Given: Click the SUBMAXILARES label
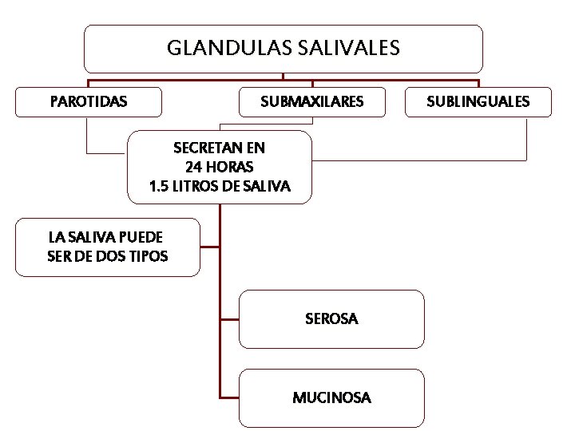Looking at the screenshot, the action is pos(312,102).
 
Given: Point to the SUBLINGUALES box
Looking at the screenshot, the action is pos(478,102).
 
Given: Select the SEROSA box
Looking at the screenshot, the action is pos(331,319).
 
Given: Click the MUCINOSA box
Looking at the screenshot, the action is pos(331,397).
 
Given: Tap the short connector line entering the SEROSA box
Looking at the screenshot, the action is pos(229,319).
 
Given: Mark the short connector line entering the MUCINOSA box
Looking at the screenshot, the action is pos(229,397).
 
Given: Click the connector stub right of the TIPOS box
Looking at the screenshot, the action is pos(209,247).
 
